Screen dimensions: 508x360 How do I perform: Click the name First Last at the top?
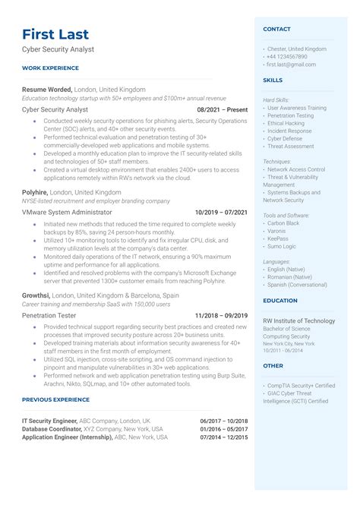pyautogui.click(x=55, y=34)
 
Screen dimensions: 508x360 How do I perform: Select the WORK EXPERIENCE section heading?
pyautogui.click(x=50, y=68)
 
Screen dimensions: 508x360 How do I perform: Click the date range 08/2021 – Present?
pyautogui.click(x=222, y=109)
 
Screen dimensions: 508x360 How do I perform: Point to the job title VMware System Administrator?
pyautogui.click(x=67, y=213)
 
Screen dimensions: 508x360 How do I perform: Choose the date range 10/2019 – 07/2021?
pyautogui.click(x=221, y=213)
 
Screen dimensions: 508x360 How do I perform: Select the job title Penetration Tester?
pyautogui.click(x=50, y=315)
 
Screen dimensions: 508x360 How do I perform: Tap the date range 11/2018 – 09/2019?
pyautogui.click(x=221, y=315)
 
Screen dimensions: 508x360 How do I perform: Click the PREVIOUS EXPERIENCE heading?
pyautogui.click(x=55, y=399)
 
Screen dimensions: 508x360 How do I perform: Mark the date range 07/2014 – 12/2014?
pyautogui.click(x=224, y=438)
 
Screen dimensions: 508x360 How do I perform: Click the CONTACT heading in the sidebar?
pyautogui.click(x=276, y=29)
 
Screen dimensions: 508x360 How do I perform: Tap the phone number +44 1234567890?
pyautogui.click(x=286, y=56)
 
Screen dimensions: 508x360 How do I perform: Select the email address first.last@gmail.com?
pyautogui.click(x=292, y=65)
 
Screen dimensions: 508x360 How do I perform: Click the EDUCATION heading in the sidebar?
pyautogui.click(x=280, y=300)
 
